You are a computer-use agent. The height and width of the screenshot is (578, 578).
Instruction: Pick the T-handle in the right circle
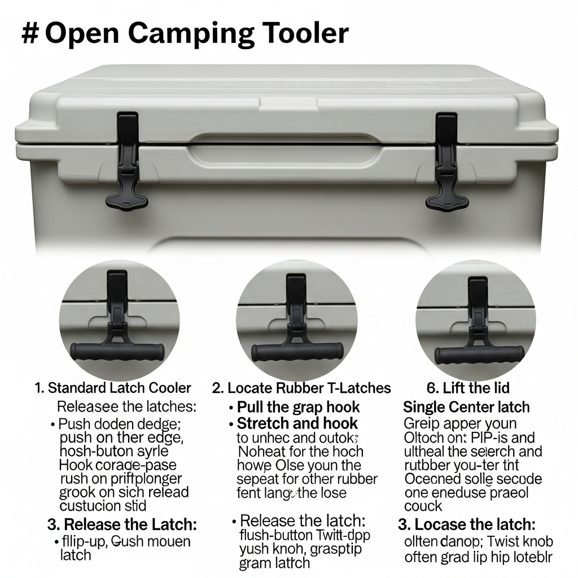[x=479, y=354]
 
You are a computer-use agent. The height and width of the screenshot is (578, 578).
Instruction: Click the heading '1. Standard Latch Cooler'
[x=113, y=388]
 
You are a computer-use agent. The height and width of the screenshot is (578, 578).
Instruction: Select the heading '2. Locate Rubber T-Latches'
[x=301, y=388]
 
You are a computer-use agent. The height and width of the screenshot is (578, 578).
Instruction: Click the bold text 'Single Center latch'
[x=466, y=407]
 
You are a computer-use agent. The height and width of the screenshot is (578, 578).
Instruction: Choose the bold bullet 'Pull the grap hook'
[x=298, y=407]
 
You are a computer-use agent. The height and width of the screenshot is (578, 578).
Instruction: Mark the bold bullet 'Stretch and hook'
[x=297, y=423]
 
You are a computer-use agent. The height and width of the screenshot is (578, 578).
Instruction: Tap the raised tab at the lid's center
[x=286, y=103]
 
